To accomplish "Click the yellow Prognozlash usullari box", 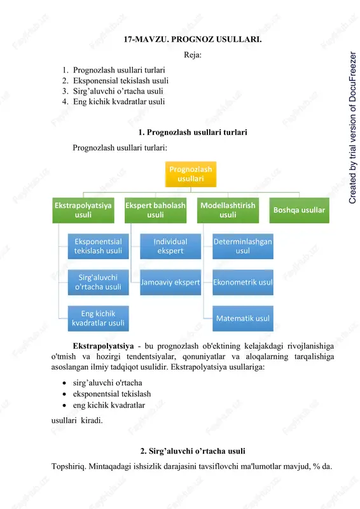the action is [191, 174].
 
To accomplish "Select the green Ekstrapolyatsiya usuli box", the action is [83, 210].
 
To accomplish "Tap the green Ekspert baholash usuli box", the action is [155, 210].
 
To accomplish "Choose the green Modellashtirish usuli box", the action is [228, 210].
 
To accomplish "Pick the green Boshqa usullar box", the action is [300, 210].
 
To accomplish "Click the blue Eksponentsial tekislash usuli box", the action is [98, 246].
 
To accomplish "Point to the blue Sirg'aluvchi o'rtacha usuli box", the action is [98, 282].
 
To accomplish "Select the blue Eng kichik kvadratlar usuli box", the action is [98, 318].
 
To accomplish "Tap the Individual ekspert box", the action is [170, 246].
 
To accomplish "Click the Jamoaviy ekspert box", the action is [170, 282].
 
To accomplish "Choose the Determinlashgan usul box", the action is [243, 246].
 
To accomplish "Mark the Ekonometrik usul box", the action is [243, 282].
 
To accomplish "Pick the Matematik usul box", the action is [243, 318].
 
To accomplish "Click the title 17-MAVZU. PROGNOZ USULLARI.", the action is [193, 39].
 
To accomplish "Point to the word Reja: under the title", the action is [193, 55].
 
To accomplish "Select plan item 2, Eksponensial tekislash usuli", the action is [121, 81].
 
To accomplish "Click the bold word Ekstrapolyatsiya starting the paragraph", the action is [103, 345].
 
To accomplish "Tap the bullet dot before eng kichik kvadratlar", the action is [65, 405].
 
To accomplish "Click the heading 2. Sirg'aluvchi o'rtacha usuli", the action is [193, 451].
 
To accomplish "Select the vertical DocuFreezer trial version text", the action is [352, 128].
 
